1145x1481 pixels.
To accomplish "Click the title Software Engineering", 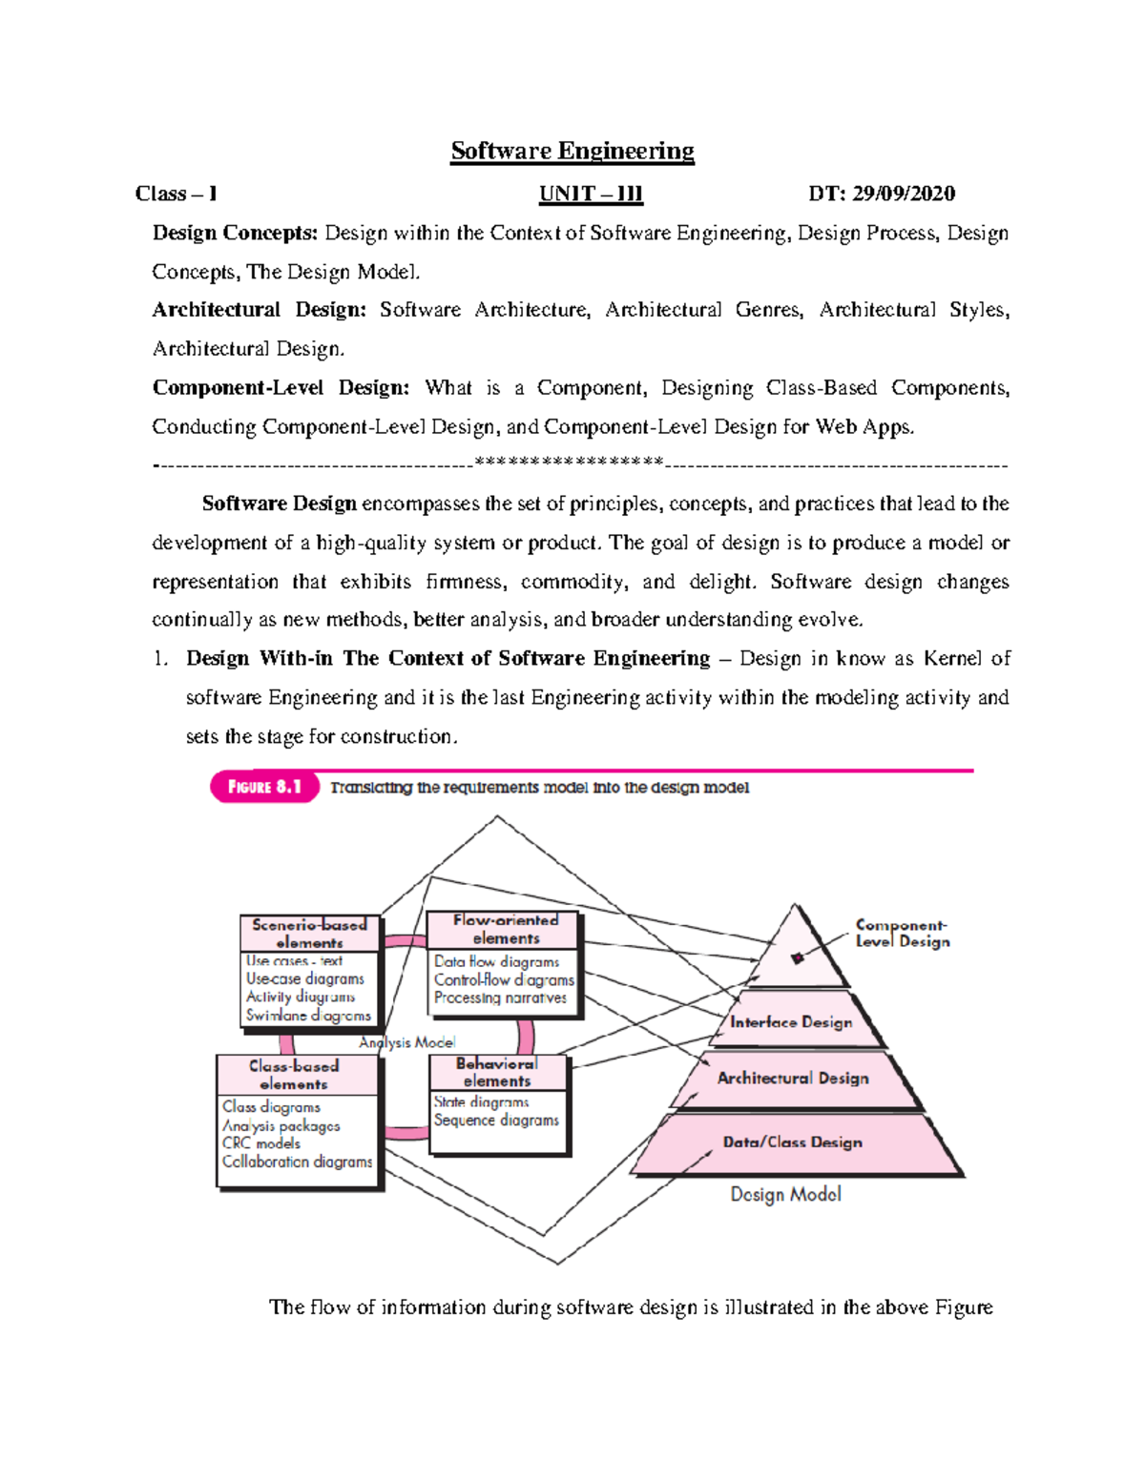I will coord(572,151).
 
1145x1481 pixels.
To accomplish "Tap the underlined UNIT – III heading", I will coord(591,194).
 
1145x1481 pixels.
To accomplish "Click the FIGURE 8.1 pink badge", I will coord(264,787).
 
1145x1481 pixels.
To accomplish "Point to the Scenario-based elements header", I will coord(309,933).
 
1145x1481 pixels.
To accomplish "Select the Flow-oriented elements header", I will coord(506,929).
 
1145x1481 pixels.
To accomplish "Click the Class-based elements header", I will coord(294,1075).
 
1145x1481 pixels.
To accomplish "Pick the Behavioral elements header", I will coord(496,1072).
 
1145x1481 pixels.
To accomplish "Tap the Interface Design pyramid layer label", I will coord(791,1022).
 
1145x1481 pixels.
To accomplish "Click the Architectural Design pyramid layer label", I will coord(793,1078).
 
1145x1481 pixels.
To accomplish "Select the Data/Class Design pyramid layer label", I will coord(792,1142).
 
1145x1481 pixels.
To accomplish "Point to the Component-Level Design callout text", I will coord(902,933).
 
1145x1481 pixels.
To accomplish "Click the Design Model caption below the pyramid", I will coord(785,1194).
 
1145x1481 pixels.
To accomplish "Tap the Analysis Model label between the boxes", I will coord(406,1042).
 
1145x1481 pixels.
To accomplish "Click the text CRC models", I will coord(260,1143).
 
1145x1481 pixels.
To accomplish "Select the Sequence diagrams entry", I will coord(496,1121).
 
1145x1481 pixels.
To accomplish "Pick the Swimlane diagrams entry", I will coord(307,1016).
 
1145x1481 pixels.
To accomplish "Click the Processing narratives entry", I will coord(500,998).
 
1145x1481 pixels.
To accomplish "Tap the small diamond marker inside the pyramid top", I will coord(798,958).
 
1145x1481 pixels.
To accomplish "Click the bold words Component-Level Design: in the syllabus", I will coord(281,388).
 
